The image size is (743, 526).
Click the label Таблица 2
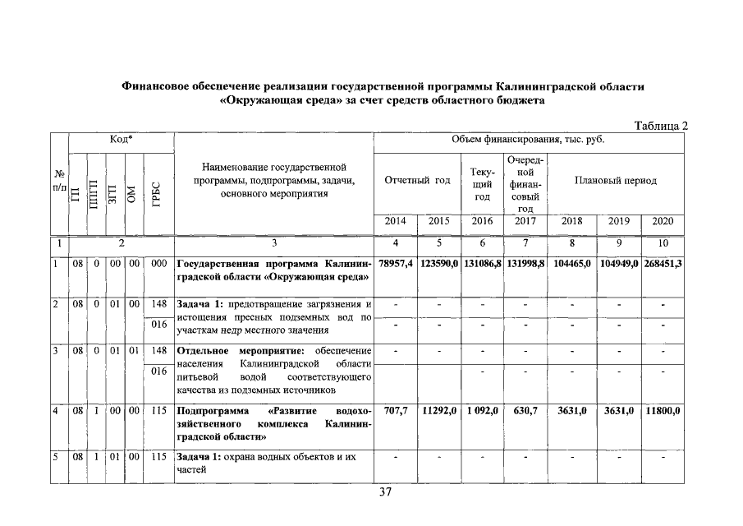(x=661, y=126)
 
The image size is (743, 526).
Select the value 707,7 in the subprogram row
(x=396, y=410)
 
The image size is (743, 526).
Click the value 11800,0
(x=663, y=410)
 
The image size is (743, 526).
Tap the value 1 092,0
(x=482, y=410)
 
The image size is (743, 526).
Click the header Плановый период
(x=616, y=180)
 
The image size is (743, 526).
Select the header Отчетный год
(x=417, y=180)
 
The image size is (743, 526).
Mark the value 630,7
(x=525, y=410)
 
